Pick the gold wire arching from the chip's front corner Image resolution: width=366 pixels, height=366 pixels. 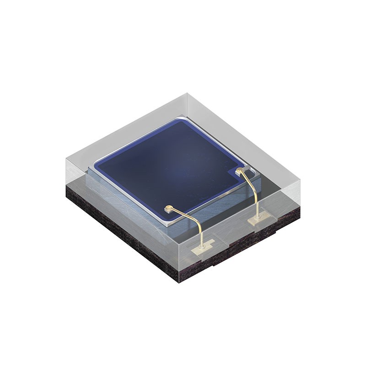coord(192,219)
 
